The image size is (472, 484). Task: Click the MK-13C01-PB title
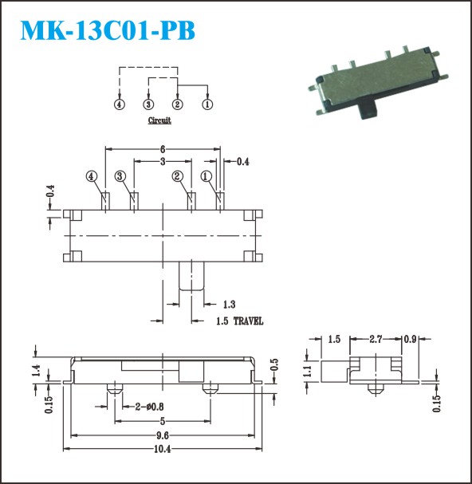108,30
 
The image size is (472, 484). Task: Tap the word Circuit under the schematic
159,120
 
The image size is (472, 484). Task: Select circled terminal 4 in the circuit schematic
119,104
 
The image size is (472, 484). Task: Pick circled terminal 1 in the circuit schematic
207,104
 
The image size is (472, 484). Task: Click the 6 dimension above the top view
163,149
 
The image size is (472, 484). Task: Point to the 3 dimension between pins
163,161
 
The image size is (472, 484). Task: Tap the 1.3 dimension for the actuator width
229,305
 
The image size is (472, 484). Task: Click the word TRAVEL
248,321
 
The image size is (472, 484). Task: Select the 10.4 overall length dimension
163,449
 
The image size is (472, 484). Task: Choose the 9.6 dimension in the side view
163,435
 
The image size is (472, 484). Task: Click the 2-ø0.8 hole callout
149,407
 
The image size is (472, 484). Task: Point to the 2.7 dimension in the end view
376,339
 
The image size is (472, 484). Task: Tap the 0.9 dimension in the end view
411,339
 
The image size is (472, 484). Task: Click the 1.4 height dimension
36,371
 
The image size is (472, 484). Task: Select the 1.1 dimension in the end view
307,372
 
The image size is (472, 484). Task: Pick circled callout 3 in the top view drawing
120,176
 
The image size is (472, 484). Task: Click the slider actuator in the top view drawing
191,276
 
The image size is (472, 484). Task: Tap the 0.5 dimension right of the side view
274,364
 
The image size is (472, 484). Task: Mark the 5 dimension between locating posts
163,421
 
